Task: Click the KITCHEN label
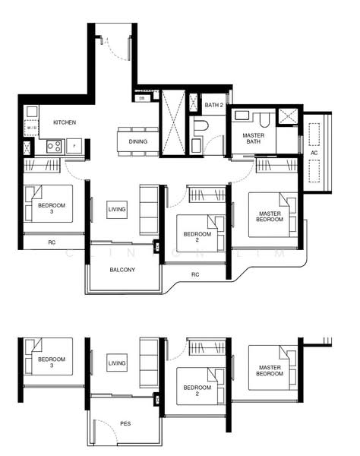coord(64,122)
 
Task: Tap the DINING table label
coord(138,141)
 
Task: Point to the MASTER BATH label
coord(253,139)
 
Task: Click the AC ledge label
coord(314,152)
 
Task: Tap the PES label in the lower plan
coord(125,423)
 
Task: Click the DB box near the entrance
coord(142,98)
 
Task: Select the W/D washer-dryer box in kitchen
coord(31,128)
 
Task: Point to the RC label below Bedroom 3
coord(52,243)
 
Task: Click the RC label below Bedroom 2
coord(195,274)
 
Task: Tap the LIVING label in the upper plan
coord(117,209)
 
